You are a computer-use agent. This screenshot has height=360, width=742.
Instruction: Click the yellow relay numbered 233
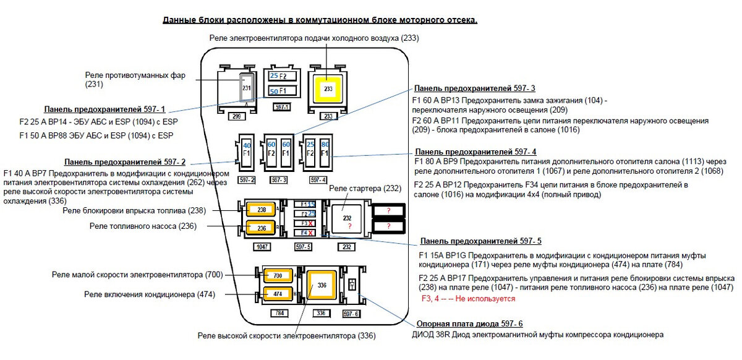(328, 89)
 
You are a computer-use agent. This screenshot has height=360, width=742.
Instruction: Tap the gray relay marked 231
(246, 88)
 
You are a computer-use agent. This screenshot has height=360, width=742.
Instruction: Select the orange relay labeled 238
(262, 210)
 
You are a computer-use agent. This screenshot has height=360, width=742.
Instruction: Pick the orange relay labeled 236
(262, 228)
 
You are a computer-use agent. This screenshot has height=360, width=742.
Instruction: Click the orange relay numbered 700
(277, 275)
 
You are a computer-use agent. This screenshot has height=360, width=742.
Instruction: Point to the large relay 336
(322, 286)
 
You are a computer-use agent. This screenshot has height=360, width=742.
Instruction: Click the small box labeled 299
(235, 116)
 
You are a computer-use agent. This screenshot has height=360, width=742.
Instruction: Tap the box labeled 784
(279, 313)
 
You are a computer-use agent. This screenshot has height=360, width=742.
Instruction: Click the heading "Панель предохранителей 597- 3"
(474, 88)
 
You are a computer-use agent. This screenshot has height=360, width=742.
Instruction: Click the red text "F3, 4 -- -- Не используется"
(467, 299)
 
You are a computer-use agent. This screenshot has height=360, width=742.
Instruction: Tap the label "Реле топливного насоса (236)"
(143, 226)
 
